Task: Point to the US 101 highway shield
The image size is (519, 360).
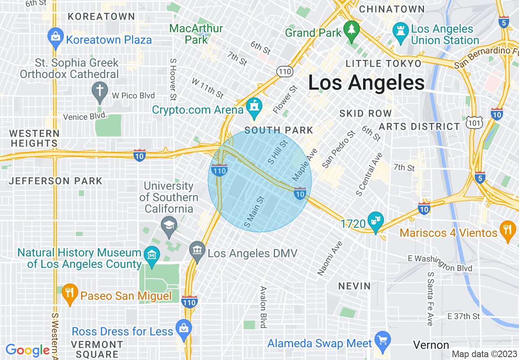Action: click(x=474, y=122)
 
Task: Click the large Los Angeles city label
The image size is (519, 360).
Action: click(x=366, y=83)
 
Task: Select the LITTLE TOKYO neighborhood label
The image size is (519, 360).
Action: click(x=383, y=63)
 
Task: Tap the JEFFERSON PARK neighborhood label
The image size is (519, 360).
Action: click(x=56, y=181)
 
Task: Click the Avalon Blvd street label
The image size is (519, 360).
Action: click(x=263, y=307)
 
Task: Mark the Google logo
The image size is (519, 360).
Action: click(x=27, y=350)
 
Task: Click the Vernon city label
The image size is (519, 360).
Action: click(x=431, y=345)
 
